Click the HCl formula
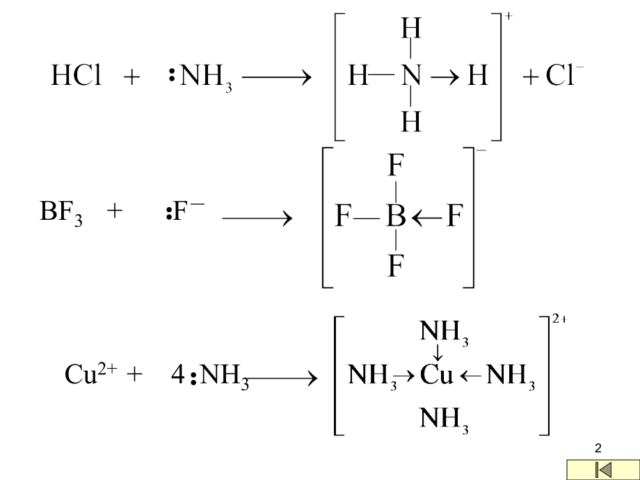click(x=77, y=76)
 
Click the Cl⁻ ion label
click(x=564, y=75)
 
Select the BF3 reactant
click(x=61, y=212)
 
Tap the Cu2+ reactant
click(x=90, y=374)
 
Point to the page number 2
click(x=598, y=448)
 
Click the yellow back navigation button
click(x=603, y=470)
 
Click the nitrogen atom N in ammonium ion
click(x=411, y=76)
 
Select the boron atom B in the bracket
click(x=396, y=216)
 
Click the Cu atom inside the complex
click(x=436, y=374)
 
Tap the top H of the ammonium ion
click(x=411, y=28)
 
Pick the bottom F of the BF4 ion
click(x=396, y=265)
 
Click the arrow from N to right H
click(x=445, y=77)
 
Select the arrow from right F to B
click(x=427, y=218)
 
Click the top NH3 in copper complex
click(x=444, y=331)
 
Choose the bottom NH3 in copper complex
click(x=444, y=419)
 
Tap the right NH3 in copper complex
click(x=511, y=376)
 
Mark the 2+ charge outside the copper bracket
click(x=560, y=319)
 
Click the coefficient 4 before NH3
click(x=178, y=374)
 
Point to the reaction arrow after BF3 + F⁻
click(x=257, y=218)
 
